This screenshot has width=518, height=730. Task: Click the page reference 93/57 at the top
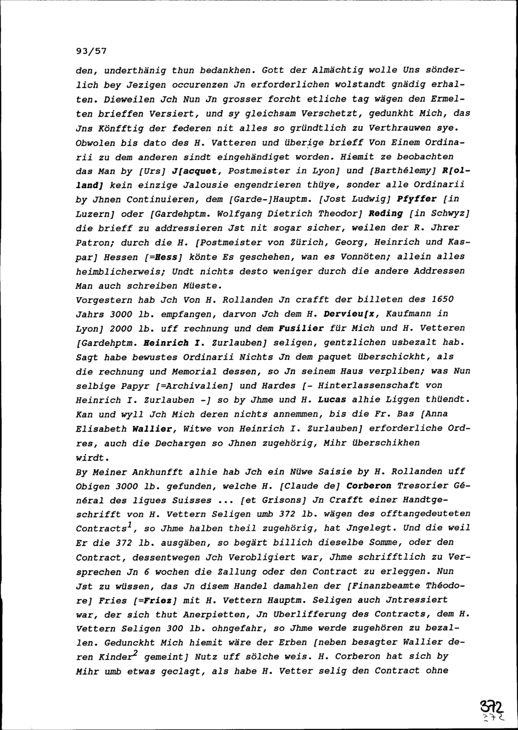(x=91, y=51)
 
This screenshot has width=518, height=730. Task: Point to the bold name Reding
(x=385, y=214)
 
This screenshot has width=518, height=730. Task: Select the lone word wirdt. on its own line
(x=92, y=458)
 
